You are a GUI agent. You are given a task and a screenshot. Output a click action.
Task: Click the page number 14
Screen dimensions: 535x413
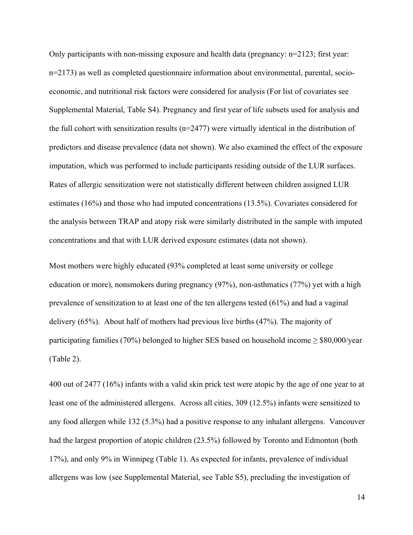click(x=360, y=498)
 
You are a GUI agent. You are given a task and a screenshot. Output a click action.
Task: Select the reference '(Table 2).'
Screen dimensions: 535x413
click(x=62, y=359)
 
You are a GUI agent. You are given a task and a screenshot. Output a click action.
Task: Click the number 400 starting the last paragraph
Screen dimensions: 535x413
click(x=55, y=385)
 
